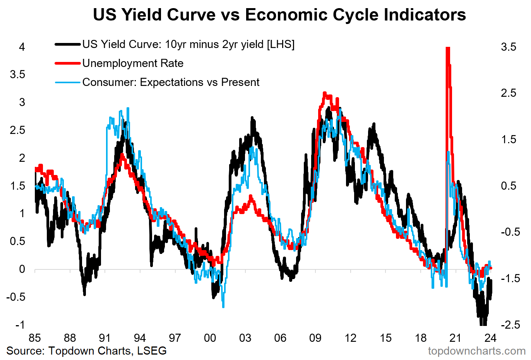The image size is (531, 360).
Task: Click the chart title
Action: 279,15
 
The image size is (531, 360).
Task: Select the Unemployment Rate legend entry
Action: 133,63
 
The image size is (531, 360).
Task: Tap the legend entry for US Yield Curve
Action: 188,45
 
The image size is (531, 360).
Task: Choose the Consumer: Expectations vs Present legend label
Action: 171,82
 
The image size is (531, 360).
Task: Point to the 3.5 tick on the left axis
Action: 17,75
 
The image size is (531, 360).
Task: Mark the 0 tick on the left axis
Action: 22,269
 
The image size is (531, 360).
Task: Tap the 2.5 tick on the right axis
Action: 509,93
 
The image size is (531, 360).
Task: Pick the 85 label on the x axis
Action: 35,338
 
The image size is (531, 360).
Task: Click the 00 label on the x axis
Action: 210,338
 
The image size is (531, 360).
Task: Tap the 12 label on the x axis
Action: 350,338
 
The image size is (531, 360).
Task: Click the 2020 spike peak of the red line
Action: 448,48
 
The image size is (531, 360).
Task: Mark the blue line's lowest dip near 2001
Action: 223,307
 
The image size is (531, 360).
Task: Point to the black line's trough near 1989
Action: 84,294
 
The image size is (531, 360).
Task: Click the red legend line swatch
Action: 68,63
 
